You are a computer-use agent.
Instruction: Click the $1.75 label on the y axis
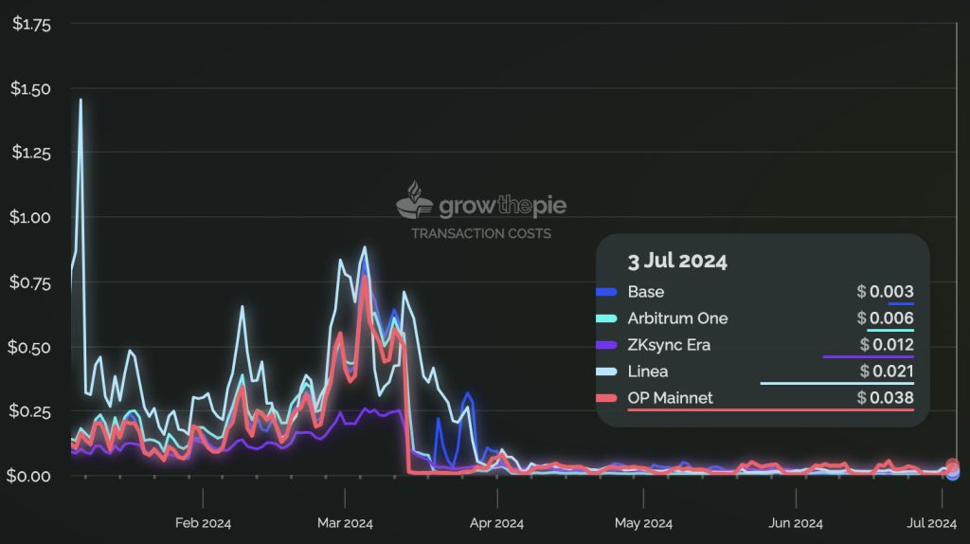pos(31,24)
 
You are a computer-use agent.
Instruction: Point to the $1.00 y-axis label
pos(30,217)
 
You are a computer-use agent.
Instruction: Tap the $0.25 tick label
pos(29,411)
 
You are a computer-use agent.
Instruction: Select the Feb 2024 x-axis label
pos(203,523)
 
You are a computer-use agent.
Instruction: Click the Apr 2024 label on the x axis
pos(496,523)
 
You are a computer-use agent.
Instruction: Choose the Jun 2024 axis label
pos(796,523)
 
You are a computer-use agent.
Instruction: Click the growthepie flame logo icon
pos(414,200)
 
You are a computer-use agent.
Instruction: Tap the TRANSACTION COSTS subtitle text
pos(481,233)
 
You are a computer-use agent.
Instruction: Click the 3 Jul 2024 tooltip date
pos(677,261)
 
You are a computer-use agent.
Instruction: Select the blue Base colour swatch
pos(606,292)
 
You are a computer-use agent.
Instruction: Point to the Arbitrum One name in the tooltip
pos(677,318)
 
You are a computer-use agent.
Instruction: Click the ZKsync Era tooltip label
pos(669,345)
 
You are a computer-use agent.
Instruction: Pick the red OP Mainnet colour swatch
pos(606,398)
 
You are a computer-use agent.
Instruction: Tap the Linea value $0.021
pos(887,372)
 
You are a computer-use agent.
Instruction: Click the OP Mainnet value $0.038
pos(886,398)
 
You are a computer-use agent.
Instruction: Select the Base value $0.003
pos(886,292)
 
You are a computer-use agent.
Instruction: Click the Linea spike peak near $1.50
pos(81,100)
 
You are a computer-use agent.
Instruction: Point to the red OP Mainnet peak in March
pos(365,277)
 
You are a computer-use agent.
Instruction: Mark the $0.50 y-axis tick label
pos(29,347)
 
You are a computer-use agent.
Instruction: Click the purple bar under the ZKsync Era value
pos(868,357)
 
